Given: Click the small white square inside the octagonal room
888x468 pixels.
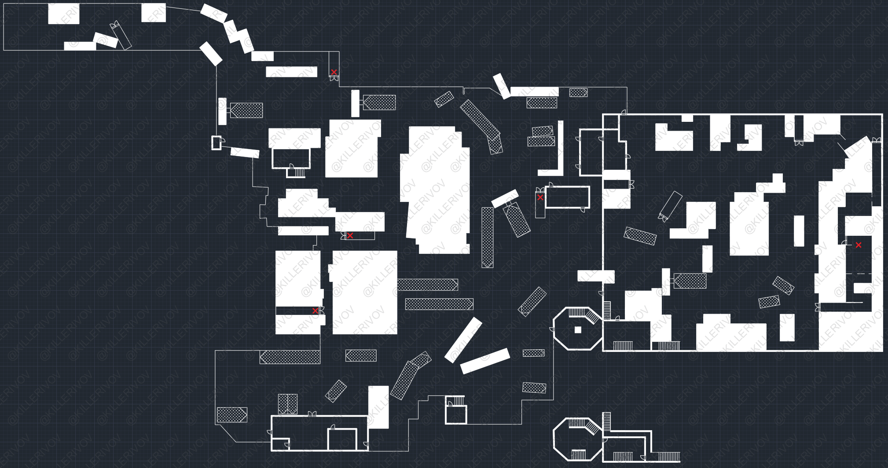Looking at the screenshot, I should point(578,330).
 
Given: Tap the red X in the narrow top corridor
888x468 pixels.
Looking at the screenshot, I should point(334,72).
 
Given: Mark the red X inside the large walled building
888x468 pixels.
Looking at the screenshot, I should point(859,245).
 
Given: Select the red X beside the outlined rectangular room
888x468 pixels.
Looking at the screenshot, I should point(540,197).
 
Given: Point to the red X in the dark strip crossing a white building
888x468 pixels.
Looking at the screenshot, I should point(315,311).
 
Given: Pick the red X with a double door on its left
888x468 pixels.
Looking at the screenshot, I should point(350,236).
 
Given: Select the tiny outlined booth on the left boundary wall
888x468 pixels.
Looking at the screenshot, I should point(216,143).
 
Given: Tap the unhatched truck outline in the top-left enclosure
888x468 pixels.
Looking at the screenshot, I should point(121,35).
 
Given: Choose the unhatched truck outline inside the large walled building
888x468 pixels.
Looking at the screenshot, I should point(670,205).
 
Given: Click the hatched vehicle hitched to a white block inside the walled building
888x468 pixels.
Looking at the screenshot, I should point(690,281).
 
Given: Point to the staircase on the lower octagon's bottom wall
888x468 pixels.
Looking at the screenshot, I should point(578,455).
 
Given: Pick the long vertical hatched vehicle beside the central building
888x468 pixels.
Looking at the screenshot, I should point(487,237).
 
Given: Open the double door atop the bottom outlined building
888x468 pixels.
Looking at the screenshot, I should point(312,414).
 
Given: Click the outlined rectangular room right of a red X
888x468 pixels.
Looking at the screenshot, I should point(567,197).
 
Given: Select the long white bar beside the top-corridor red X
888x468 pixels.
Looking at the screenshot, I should point(291,72).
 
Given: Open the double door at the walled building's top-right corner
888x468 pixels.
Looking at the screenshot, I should point(877,140).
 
